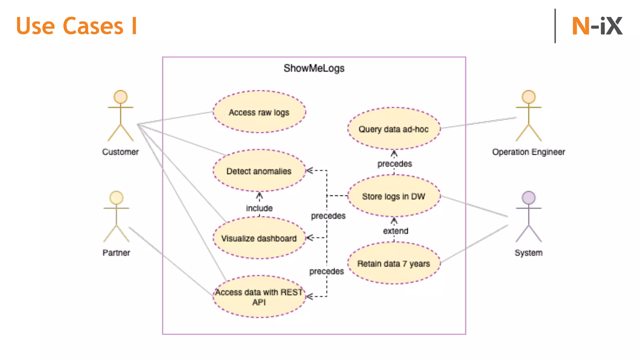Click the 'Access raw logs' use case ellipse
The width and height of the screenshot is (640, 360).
click(x=259, y=112)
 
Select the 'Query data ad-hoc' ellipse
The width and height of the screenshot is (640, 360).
click(x=393, y=129)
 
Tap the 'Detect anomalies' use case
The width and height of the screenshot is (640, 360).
click(x=259, y=171)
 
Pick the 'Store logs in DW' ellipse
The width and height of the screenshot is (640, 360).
click(x=393, y=196)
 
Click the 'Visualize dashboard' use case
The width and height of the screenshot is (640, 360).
click(x=259, y=238)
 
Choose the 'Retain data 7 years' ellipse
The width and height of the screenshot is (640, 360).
click(x=393, y=263)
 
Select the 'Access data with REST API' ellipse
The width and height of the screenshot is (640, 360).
click(x=259, y=297)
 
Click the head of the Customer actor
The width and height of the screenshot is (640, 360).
click(x=121, y=97)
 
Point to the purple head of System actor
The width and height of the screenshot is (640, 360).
click(x=528, y=197)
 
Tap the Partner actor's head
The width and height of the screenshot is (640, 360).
click(x=116, y=197)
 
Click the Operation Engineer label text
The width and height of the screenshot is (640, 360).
click(x=528, y=152)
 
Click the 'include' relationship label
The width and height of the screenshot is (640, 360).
click(x=259, y=208)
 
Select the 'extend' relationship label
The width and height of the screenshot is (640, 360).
click(x=396, y=231)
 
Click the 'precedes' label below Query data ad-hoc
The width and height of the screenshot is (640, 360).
click(x=395, y=164)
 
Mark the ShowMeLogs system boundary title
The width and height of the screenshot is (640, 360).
click(x=314, y=68)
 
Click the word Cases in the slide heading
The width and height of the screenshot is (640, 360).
click(x=93, y=26)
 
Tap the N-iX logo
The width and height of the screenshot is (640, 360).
click(x=597, y=26)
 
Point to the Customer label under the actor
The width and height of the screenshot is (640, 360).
click(x=120, y=152)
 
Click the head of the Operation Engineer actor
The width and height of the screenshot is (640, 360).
click(x=528, y=97)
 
